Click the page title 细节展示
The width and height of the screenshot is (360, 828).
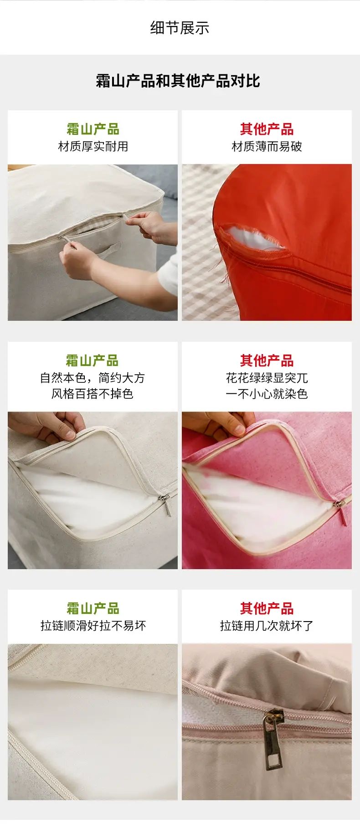pos(180,28)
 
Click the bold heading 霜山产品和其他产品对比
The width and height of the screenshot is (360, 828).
pos(178,81)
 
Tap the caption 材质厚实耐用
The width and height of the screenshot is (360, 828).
pos(93,146)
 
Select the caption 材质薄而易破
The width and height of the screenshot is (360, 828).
pos(267,146)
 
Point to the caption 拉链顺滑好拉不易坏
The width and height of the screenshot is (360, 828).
pos(93,625)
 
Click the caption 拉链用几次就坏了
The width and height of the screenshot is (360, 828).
pos(267,625)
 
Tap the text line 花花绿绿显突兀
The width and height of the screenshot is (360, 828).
pos(267,378)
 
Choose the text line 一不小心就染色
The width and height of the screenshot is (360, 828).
pos(267,394)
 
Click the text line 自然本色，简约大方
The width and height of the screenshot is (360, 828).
pos(93,378)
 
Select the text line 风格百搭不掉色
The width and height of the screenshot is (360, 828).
pos(93,394)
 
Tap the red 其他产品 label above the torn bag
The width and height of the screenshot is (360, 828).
pos(267,129)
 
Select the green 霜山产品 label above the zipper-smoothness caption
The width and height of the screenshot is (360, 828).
pos(93,608)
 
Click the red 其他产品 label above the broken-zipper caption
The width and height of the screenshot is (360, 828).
pos(267,608)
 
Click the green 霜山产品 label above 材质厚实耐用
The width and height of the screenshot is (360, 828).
pos(93,129)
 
